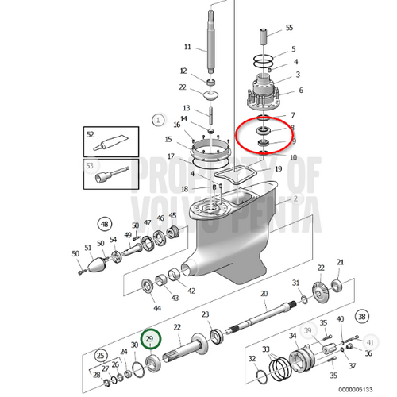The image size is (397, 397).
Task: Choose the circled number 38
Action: click(362, 315)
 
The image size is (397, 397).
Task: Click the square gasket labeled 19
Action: click(239, 170)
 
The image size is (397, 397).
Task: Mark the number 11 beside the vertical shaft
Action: click(187, 46)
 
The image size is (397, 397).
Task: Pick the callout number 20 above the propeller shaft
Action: click(264, 293)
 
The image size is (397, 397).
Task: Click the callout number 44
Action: click(156, 308)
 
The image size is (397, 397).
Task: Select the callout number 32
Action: click(252, 358)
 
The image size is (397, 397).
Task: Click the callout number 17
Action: click(171, 156)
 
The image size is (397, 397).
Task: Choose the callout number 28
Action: click(97, 374)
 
